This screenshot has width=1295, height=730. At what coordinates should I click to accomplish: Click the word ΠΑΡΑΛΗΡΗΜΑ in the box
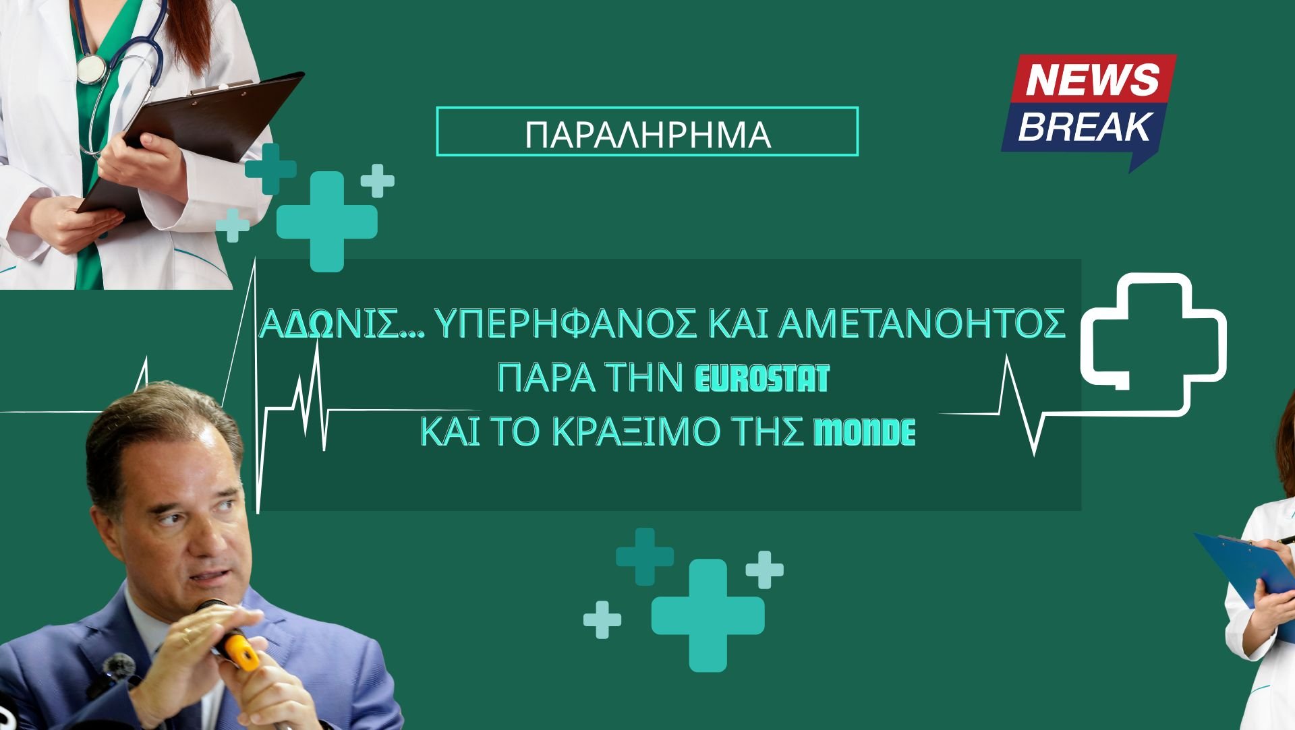[x=647, y=134]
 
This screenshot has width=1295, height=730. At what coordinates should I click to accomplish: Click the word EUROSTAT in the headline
[x=762, y=379]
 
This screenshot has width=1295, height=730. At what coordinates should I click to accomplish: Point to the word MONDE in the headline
[x=865, y=433]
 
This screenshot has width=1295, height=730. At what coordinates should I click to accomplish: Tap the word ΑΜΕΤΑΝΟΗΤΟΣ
[x=922, y=326]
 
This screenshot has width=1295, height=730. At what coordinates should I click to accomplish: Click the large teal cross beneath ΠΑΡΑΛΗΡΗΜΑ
[x=327, y=221]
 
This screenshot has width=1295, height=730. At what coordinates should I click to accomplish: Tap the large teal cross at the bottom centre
[x=708, y=615]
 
